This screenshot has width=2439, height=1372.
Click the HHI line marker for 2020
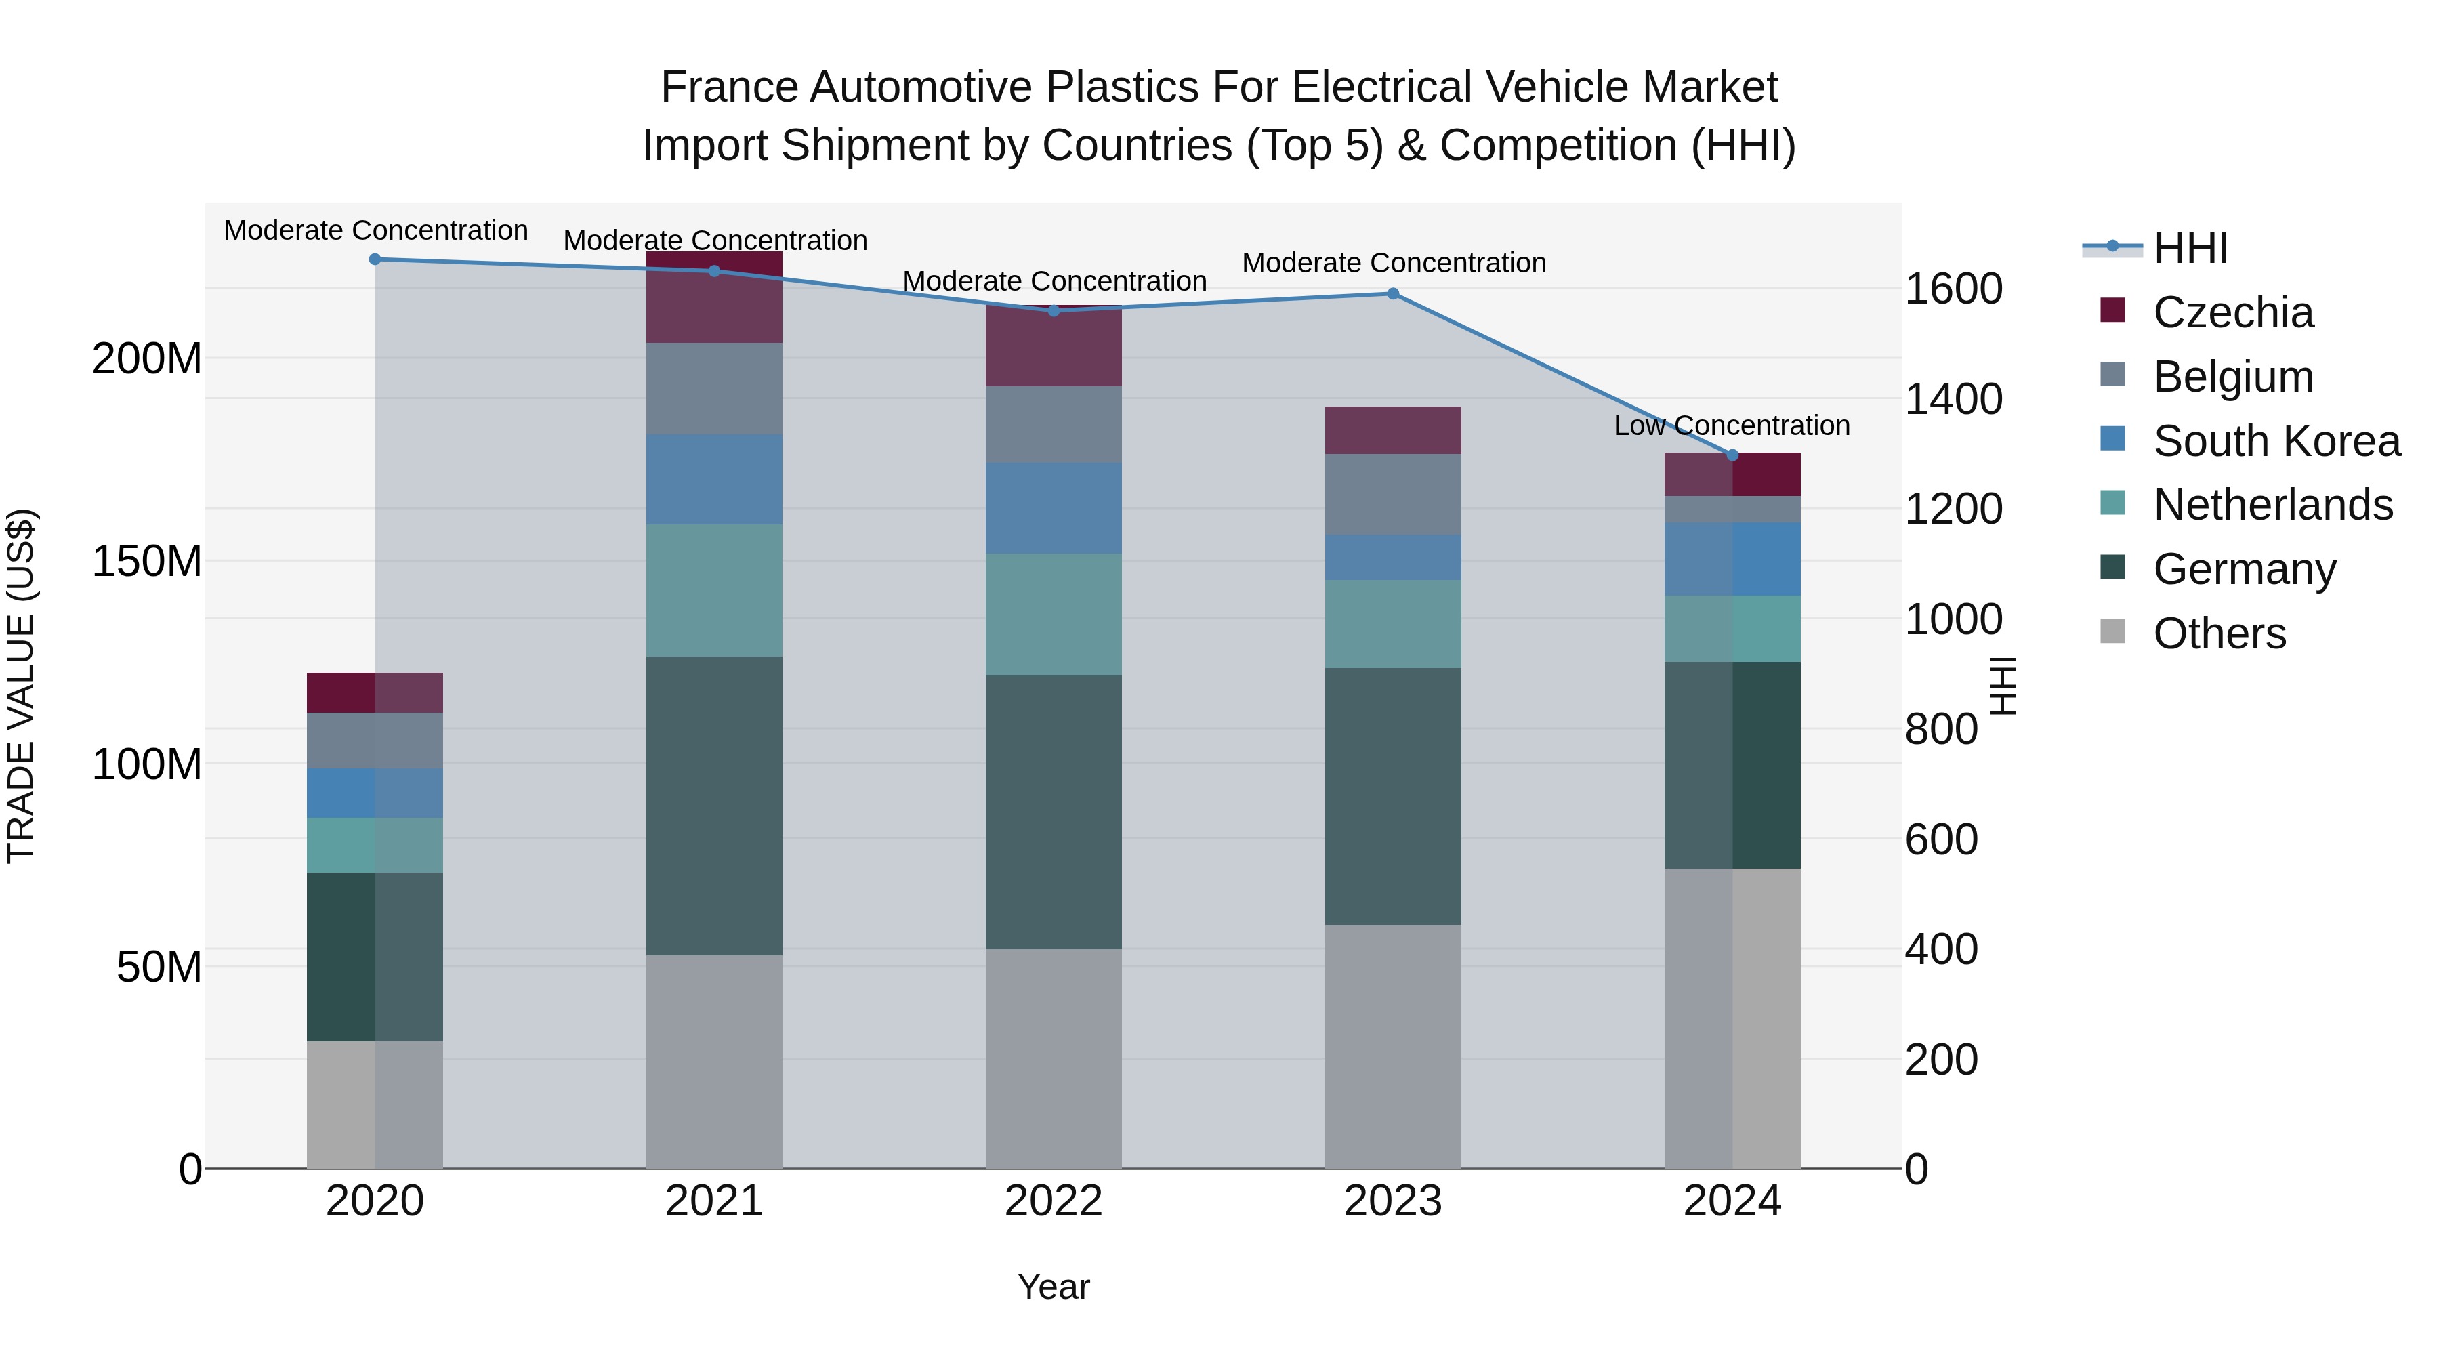pyautogui.click(x=375, y=259)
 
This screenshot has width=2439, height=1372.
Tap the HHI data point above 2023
pyautogui.click(x=1393, y=293)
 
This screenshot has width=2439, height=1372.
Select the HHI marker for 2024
pyautogui.click(x=1732, y=455)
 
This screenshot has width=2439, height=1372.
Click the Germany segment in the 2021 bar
pyautogui.click(x=714, y=805)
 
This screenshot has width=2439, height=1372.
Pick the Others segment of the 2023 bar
pyautogui.click(x=1393, y=1045)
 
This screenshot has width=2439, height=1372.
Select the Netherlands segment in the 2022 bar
pyautogui.click(x=1054, y=614)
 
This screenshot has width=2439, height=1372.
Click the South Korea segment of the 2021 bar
pyautogui.click(x=714, y=479)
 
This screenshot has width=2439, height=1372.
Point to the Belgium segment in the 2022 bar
pyautogui.click(x=1054, y=424)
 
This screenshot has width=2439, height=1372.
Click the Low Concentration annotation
pyautogui.click(x=1731, y=426)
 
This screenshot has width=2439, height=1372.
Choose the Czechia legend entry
pyautogui.click(x=2232, y=312)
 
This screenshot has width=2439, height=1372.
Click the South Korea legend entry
pyautogui.click(x=2276, y=441)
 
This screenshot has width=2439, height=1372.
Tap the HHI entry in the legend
pyautogui.click(x=2190, y=248)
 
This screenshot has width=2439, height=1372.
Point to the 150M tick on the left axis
pyautogui.click(x=147, y=562)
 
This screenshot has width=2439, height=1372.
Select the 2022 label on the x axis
pyautogui.click(x=1054, y=1201)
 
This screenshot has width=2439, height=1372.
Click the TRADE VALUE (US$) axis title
pyautogui.click(x=21, y=686)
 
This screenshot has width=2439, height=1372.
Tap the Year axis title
pyautogui.click(x=1054, y=1287)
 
